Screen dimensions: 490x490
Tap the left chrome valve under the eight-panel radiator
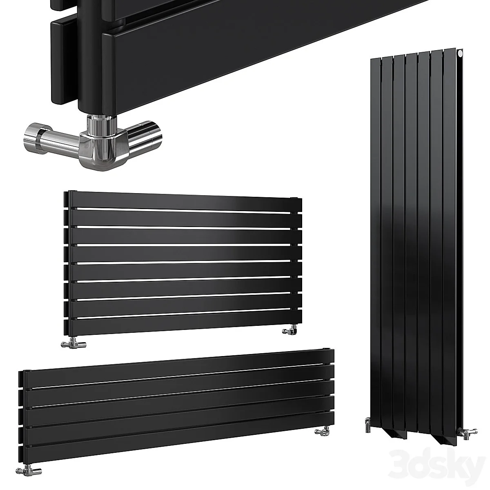click(x=70, y=345)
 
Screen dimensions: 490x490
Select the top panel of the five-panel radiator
click(x=176, y=363)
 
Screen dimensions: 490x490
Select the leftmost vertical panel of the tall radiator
click(x=376, y=245)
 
